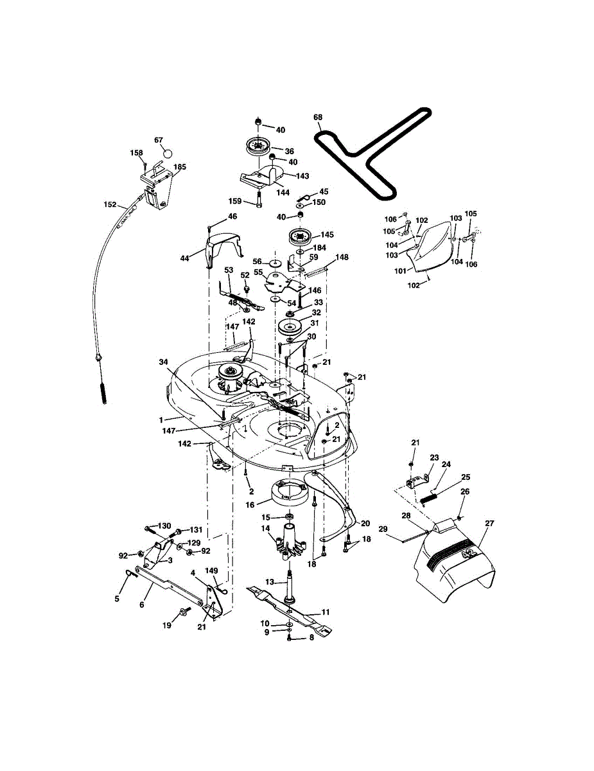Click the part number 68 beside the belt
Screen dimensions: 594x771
(x=318, y=118)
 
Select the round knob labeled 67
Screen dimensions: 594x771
(x=168, y=154)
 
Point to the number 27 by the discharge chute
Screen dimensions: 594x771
(x=489, y=524)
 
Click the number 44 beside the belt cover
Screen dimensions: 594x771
(x=184, y=258)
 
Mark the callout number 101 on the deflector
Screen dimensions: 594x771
(x=400, y=270)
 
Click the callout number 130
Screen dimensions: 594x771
(x=147, y=526)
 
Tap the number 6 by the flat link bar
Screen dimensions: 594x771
(x=141, y=605)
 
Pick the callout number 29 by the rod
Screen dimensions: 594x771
(x=383, y=529)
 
